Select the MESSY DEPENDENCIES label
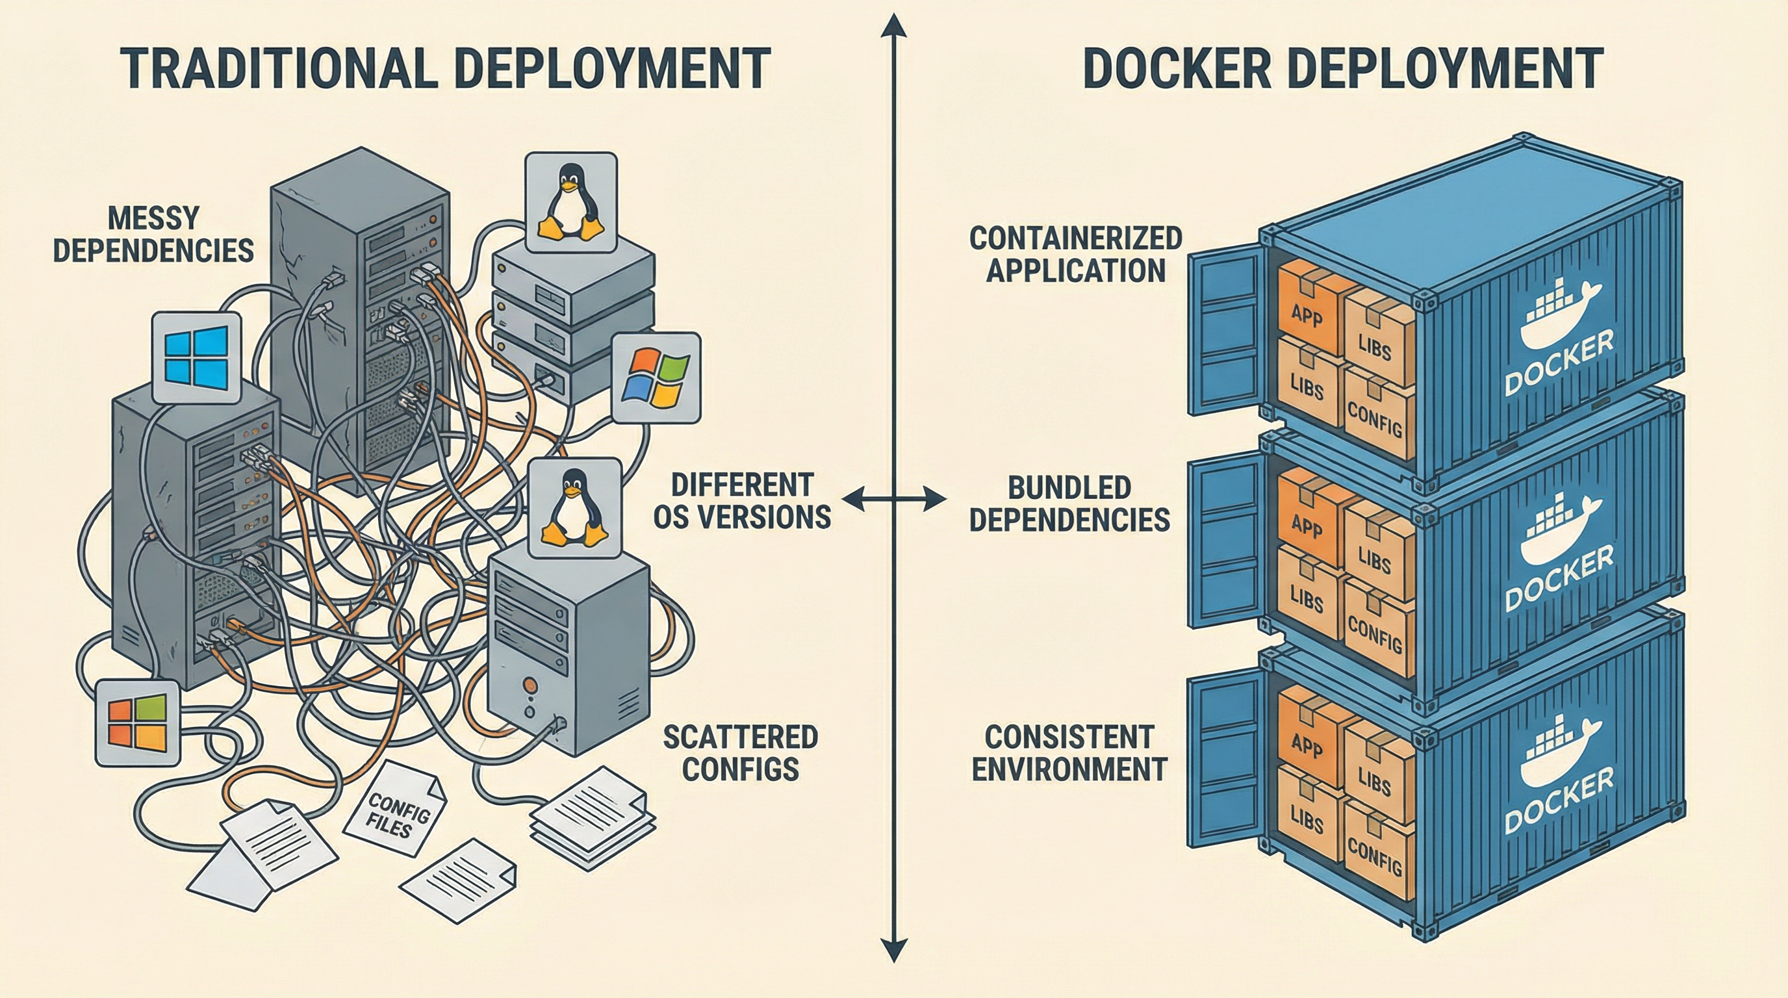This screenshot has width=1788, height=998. (x=153, y=235)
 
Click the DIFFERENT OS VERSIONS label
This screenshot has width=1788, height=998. (x=742, y=501)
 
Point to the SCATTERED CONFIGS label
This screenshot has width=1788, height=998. (x=741, y=753)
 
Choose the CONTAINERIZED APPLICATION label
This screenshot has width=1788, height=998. (x=1075, y=255)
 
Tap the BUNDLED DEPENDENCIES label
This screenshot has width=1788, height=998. (x=1069, y=504)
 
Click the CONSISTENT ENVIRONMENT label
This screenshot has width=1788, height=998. (x=1069, y=753)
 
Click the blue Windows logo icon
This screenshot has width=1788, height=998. (x=196, y=357)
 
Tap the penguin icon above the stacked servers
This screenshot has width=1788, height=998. (x=571, y=203)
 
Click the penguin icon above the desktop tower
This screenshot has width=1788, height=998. (x=574, y=507)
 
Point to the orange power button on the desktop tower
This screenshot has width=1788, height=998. (x=530, y=684)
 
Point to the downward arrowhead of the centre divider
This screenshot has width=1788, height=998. (x=893, y=948)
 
